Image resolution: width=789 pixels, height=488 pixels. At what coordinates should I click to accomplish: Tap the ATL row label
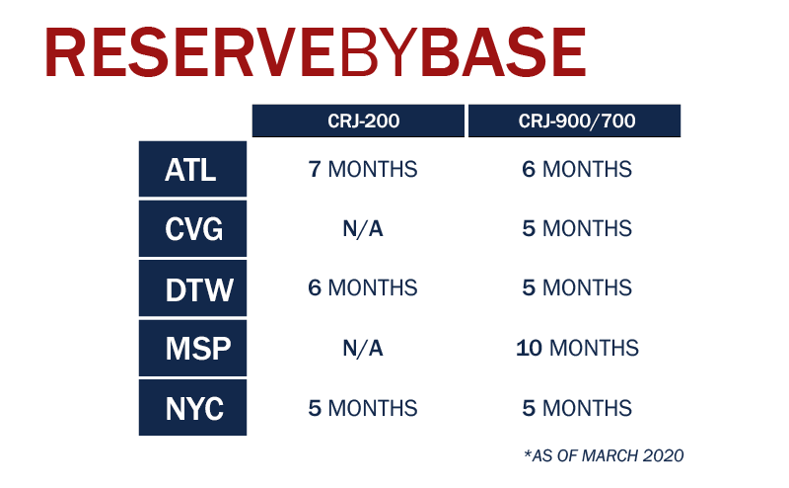(192, 169)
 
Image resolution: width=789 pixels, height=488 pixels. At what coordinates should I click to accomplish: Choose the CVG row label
(192, 228)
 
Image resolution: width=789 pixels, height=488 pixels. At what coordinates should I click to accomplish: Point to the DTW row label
(192, 288)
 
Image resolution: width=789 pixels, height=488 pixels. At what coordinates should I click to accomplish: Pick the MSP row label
(192, 348)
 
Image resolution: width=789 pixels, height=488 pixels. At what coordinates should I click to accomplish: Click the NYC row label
(192, 407)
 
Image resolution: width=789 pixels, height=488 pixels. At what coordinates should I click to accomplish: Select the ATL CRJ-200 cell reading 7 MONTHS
(363, 169)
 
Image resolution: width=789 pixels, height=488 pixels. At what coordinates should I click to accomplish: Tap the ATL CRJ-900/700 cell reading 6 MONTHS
(577, 169)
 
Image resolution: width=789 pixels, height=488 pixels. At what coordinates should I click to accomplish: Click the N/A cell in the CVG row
(363, 229)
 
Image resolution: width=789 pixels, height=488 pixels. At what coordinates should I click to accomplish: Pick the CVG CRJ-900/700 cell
(577, 229)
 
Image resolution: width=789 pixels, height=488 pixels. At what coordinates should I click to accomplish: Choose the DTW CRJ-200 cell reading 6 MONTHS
(363, 288)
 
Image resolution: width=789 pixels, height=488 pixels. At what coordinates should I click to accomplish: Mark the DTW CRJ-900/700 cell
(577, 288)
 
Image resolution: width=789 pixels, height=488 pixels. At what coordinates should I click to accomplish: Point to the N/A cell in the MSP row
(363, 349)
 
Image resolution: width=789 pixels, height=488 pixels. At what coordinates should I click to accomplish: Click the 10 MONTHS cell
(577, 349)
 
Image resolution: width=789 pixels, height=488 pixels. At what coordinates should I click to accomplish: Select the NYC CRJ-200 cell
(363, 408)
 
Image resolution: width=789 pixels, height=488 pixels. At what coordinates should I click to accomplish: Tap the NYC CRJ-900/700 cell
(577, 408)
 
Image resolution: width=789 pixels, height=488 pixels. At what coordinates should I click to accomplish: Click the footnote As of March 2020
(604, 455)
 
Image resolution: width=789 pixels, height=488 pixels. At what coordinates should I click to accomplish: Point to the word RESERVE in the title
(188, 52)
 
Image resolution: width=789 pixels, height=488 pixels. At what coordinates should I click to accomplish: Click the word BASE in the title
(504, 52)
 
